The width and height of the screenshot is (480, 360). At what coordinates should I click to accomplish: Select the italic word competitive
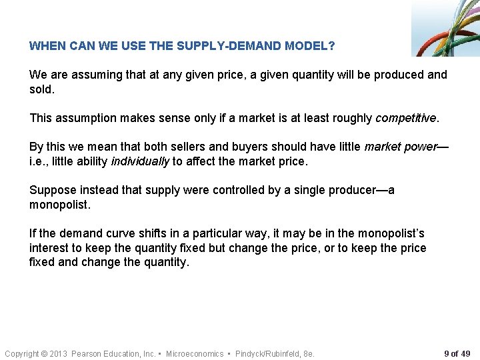(406, 118)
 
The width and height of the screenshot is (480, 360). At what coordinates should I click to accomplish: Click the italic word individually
(140, 161)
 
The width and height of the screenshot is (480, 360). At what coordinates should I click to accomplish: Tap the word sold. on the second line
(41, 89)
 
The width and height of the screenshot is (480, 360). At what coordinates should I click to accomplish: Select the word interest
(49, 248)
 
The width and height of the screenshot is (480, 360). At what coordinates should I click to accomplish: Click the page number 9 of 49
(457, 353)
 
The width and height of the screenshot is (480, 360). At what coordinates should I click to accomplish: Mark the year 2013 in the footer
(59, 353)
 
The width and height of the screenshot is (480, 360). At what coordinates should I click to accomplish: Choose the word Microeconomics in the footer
(195, 353)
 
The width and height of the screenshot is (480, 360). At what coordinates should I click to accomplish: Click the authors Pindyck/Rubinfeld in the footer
(265, 353)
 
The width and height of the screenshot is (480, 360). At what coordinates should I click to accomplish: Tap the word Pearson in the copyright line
(87, 353)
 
